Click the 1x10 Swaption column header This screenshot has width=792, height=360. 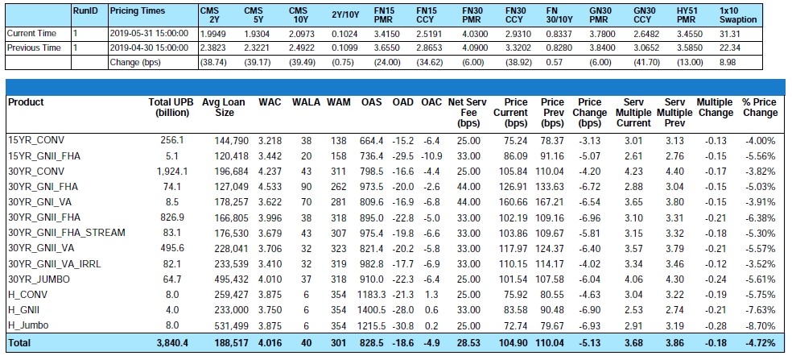click(x=738, y=15)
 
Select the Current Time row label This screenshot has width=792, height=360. click(x=31, y=33)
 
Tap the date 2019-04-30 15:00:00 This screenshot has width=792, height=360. click(x=149, y=48)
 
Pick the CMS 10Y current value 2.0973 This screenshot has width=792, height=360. click(x=300, y=33)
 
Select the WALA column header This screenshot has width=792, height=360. click(x=306, y=102)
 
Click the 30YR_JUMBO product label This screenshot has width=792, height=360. click(x=39, y=279)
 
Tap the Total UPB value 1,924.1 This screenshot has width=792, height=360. click(x=172, y=172)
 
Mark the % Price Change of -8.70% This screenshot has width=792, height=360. click(x=760, y=325)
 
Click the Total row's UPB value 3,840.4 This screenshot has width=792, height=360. click(x=172, y=343)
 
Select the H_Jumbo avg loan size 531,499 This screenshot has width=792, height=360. click(x=231, y=325)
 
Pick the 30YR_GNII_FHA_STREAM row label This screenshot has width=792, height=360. click(x=67, y=233)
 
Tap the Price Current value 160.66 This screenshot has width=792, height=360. click(x=510, y=202)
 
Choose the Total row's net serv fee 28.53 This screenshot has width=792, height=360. click(x=469, y=343)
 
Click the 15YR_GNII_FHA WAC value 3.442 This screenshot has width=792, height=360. click(x=270, y=156)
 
